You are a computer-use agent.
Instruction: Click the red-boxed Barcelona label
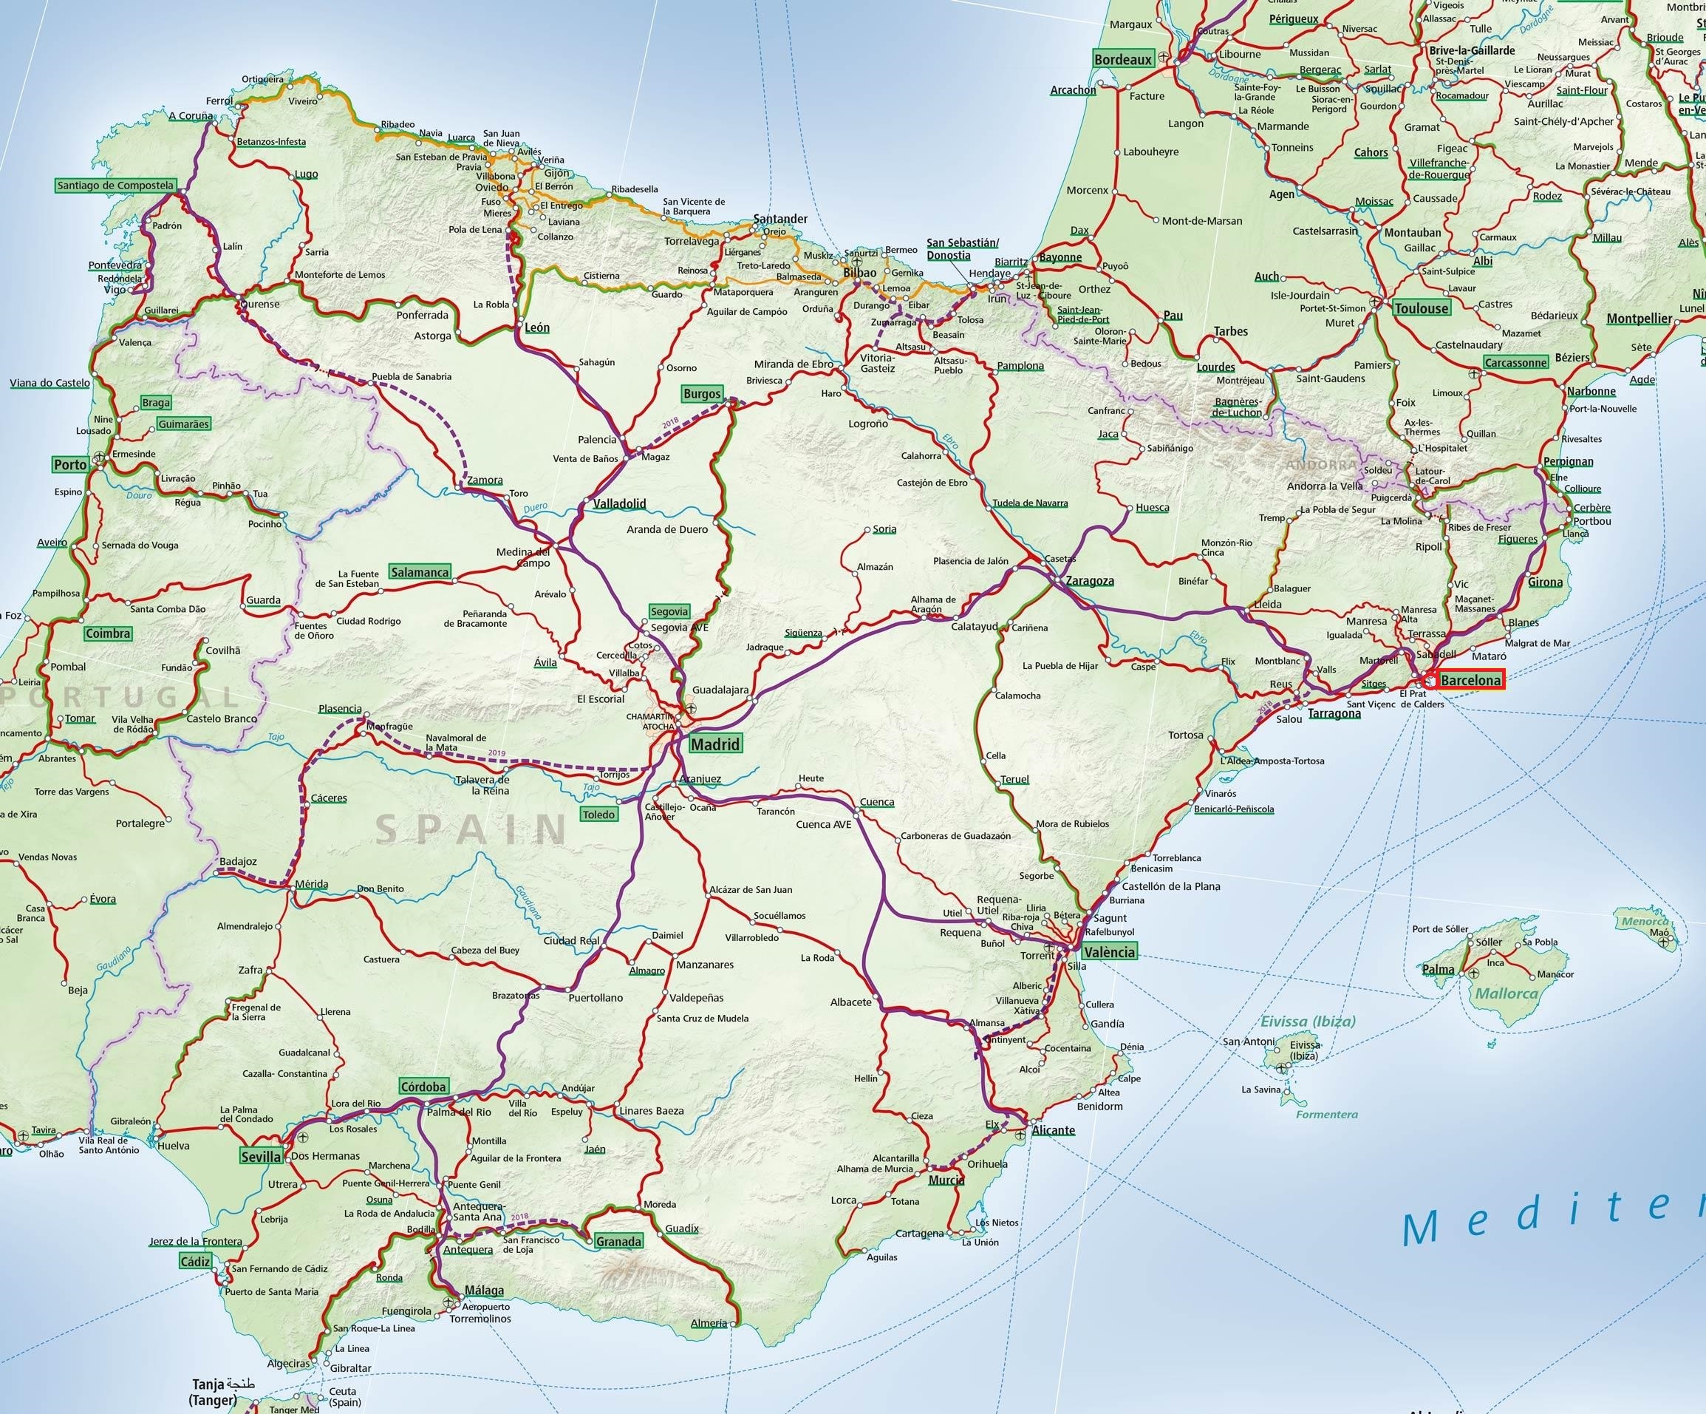click(1470, 680)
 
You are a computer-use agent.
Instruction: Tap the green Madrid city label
click(715, 744)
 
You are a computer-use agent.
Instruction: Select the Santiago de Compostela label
click(115, 186)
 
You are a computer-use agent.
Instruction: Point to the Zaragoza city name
click(1089, 581)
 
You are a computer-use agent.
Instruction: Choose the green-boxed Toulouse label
click(1421, 308)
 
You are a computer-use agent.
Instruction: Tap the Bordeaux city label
click(1123, 59)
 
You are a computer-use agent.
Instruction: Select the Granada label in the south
click(618, 1241)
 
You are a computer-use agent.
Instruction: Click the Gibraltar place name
click(350, 1367)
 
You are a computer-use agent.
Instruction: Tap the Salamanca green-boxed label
click(419, 572)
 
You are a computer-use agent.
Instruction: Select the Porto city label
click(71, 465)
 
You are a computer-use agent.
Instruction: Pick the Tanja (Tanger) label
click(214, 1391)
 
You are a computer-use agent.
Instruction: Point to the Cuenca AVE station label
click(823, 824)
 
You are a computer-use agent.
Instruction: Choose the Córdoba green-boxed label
click(423, 1087)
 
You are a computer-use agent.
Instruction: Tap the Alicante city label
click(1053, 1130)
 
